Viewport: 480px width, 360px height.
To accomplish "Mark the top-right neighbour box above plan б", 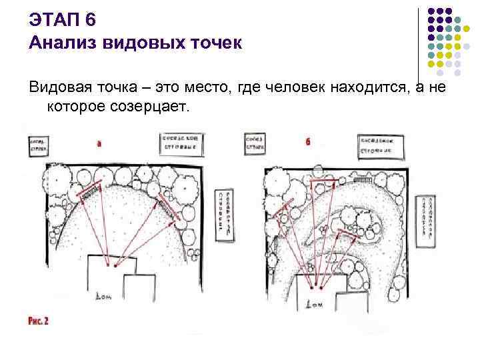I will (381, 147).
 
